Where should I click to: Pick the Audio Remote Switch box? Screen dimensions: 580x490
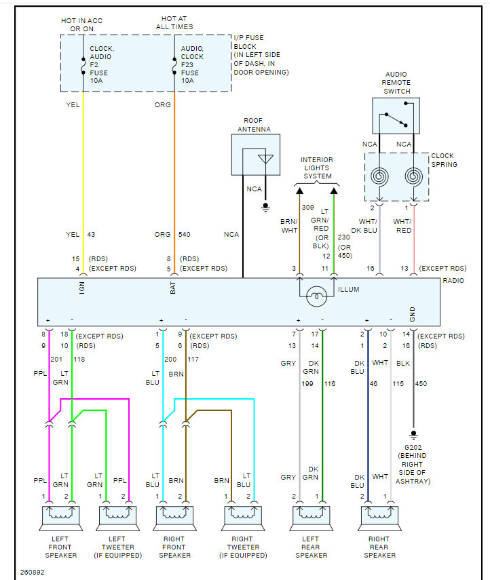click(x=396, y=115)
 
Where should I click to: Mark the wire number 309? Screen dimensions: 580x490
click(x=307, y=208)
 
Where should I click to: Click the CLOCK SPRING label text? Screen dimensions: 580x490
click(x=444, y=160)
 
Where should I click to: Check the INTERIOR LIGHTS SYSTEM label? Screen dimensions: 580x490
click(x=317, y=168)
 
